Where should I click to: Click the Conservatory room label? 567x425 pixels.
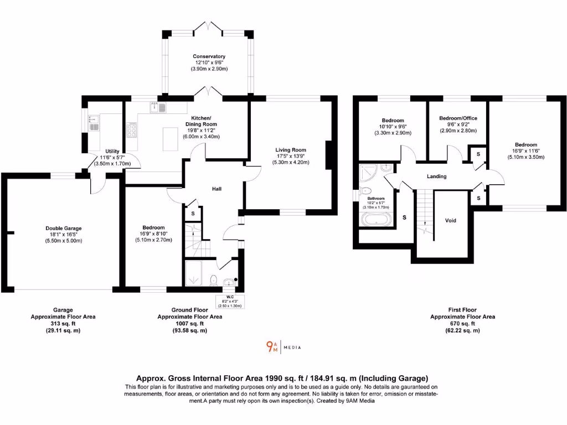click(209, 56)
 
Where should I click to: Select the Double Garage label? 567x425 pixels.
click(64, 228)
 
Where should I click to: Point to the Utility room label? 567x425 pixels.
click(112, 151)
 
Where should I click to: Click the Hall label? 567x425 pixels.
click(217, 189)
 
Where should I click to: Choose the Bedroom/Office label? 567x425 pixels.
click(458, 118)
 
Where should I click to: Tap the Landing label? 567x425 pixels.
click(436, 177)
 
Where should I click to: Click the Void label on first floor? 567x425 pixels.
click(451, 220)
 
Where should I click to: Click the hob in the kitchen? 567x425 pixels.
click(132, 130)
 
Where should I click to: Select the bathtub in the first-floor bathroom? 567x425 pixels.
click(377, 220)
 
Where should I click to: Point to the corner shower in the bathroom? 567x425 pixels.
click(368, 174)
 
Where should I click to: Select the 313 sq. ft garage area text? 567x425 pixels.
click(63, 324)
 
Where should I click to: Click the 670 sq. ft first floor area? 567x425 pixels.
click(462, 324)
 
